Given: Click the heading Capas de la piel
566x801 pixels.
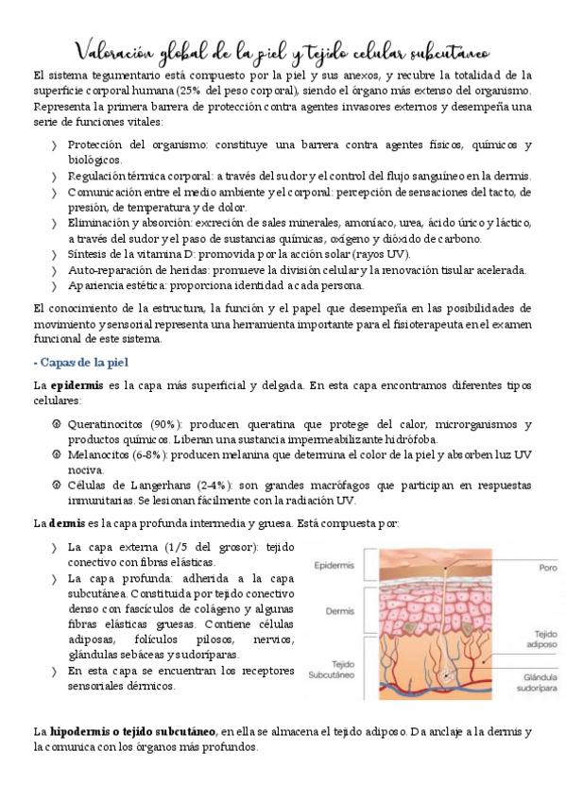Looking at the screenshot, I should click(87, 363).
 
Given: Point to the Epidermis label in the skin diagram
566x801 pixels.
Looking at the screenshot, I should click(336, 566).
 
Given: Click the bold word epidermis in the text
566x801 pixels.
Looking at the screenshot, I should click(76, 385).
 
